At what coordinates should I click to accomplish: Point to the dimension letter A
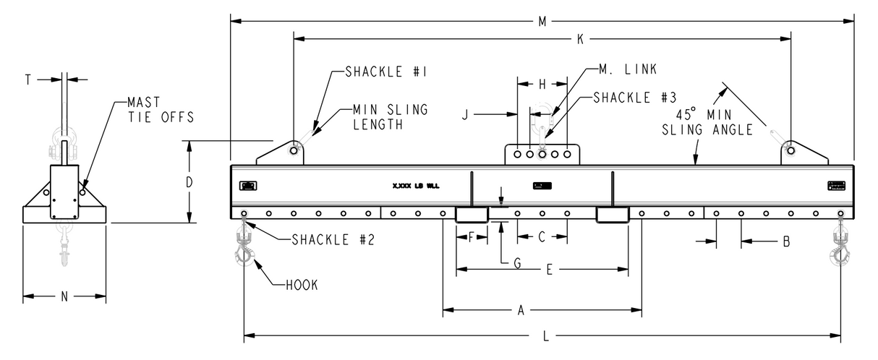520,311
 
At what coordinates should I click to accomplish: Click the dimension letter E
549,270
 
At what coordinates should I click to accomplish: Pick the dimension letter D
189,182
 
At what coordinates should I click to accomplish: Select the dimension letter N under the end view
65,296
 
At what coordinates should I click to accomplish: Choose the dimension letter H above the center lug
542,85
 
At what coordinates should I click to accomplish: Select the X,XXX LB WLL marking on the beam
416,186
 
